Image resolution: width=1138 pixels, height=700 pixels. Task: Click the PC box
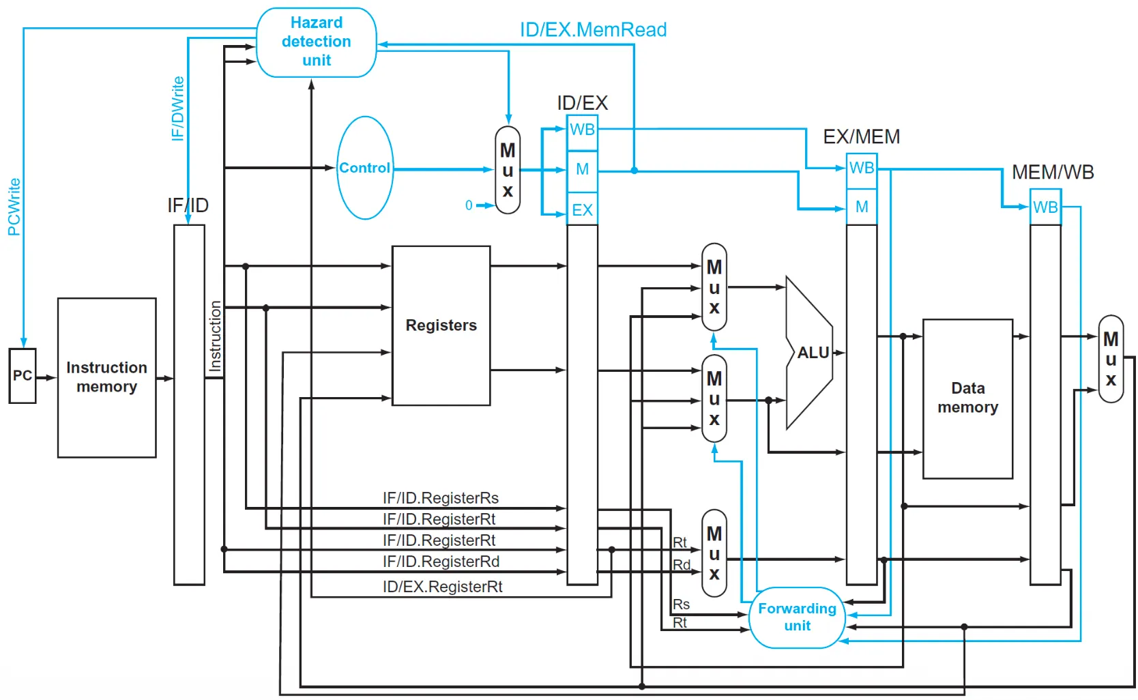(23, 376)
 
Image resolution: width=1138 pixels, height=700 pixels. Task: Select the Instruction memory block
(106, 377)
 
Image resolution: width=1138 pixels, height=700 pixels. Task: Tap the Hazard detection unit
(317, 42)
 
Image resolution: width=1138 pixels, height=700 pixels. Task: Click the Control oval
(365, 168)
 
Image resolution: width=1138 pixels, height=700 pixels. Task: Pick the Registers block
(441, 325)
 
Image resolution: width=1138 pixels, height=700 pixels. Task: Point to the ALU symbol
(809, 353)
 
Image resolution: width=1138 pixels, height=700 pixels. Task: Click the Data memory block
(968, 398)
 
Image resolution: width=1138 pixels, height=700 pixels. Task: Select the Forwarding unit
(797, 617)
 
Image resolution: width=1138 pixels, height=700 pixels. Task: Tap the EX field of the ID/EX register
(582, 209)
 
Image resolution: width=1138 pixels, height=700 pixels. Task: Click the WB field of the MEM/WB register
(1045, 207)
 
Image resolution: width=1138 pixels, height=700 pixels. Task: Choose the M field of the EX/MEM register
(862, 207)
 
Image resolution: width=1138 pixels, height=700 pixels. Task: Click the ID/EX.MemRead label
(593, 29)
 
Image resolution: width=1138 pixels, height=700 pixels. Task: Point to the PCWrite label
(14, 207)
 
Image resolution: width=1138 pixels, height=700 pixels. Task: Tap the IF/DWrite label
(177, 108)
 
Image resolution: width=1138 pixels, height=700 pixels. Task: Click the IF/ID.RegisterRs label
(441, 498)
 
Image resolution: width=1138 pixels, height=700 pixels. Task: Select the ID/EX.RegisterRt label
(443, 587)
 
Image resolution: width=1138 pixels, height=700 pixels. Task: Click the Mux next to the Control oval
(508, 170)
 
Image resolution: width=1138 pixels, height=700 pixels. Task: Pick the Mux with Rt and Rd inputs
(714, 553)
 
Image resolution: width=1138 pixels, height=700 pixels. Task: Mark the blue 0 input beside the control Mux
(469, 205)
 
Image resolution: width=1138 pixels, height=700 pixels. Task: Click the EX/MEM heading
(861, 136)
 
